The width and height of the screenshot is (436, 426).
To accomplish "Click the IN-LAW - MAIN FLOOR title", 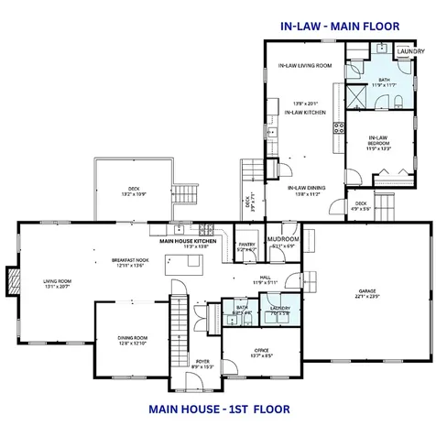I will (x=340, y=26).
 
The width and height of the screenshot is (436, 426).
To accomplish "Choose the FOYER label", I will (x=203, y=362).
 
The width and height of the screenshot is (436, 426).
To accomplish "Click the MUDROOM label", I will (x=284, y=240).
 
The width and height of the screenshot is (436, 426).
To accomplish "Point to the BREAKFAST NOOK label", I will (x=130, y=260).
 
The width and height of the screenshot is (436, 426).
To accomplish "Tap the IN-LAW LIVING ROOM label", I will (x=304, y=66).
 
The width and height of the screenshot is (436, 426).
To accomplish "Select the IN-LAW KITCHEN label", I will (x=305, y=112).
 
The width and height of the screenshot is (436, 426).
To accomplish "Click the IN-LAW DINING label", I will (x=304, y=188).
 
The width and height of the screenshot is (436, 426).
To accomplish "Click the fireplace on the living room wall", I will (x=11, y=280).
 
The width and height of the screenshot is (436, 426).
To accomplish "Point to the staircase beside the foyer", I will (x=179, y=325).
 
